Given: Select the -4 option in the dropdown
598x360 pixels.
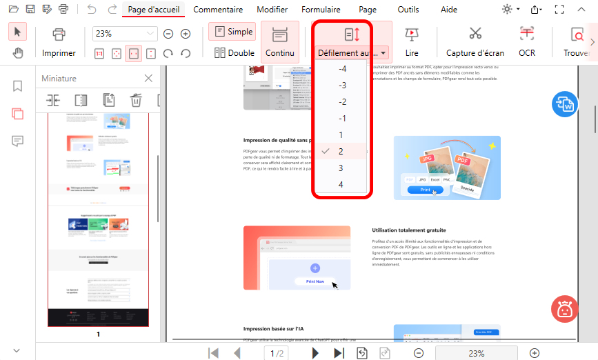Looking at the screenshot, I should pyautogui.click(x=342, y=69).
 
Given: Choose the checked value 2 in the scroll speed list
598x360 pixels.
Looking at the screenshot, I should pyautogui.click(x=341, y=151).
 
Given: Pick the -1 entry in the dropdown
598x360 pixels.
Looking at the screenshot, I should pyautogui.click(x=342, y=119).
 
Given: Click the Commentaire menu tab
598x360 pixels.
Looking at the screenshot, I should pyautogui.click(x=217, y=10).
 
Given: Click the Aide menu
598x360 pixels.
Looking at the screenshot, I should pyautogui.click(x=448, y=10).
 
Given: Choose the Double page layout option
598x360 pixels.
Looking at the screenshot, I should pyautogui.click(x=233, y=52).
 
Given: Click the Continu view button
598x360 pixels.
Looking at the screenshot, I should pyautogui.click(x=280, y=41).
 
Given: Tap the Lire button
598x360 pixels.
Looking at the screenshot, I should pyautogui.click(x=412, y=41).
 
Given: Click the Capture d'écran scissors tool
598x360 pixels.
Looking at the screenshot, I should pyautogui.click(x=475, y=41).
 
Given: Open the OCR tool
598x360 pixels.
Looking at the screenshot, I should pyautogui.click(x=527, y=41).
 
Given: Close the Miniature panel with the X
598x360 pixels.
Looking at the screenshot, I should pyautogui.click(x=148, y=79).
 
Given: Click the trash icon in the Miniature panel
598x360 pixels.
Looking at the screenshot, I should pyautogui.click(x=136, y=100).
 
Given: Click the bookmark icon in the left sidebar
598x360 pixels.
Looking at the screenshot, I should pyautogui.click(x=17, y=86).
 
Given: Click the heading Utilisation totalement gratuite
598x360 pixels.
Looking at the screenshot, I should pyautogui.click(x=408, y=230).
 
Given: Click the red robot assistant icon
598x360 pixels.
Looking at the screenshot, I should pyautogui.click(x=565, y=309).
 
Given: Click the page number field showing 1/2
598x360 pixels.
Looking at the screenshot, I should pyautogui.click(x=277, y=353).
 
